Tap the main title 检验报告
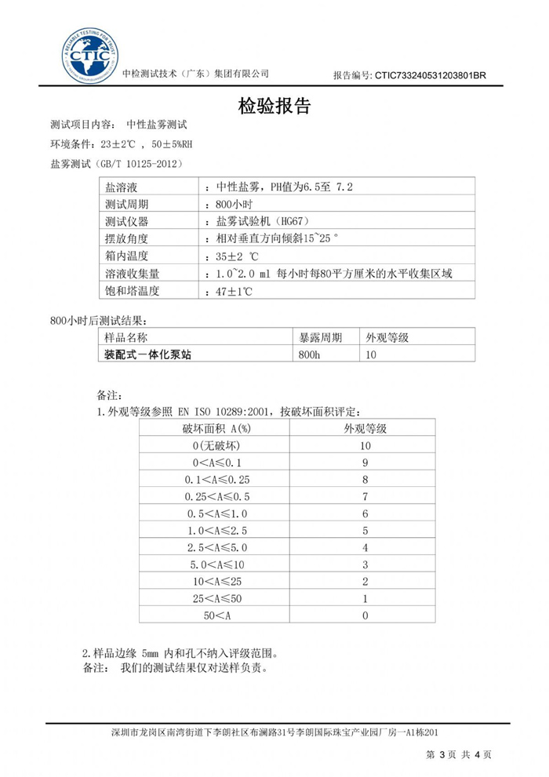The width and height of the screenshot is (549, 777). [274, 107]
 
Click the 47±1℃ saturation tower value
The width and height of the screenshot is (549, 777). [233, 290]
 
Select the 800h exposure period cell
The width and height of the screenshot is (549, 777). [311, 354]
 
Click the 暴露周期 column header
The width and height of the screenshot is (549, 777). [321, 338]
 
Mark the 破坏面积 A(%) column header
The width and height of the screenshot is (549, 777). [216, 428]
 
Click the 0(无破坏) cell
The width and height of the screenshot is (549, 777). [216, 445]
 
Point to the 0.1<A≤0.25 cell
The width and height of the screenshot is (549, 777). [216, 479]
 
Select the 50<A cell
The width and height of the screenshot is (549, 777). [216, 615]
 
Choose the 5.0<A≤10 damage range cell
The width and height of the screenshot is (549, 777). [216, 565]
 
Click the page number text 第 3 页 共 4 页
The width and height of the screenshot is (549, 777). [459, 754]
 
